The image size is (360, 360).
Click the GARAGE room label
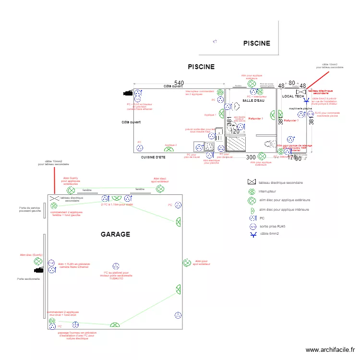pos(115,234)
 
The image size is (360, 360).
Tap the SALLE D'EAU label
pos(253,100)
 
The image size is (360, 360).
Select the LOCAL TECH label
pos(293,96)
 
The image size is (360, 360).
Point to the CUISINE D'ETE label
pos(153,157)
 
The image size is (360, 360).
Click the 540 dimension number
pos(179,84)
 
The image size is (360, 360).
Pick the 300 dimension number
pos(251,157)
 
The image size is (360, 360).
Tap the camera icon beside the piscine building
pos(128,93)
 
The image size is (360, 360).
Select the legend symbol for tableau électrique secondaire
pos(251,182)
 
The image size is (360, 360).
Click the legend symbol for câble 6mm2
pos(251,235)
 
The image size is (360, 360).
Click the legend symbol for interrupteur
pos(251,191)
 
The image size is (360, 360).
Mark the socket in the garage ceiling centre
pos(116,266)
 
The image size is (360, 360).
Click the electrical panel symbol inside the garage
pos(54,198)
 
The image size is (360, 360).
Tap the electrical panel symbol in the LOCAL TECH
pos(301,92)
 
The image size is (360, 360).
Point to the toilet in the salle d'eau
pos(270,143)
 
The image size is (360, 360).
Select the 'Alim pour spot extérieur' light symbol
pos(186,263)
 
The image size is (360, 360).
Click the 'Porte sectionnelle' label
pos(28,279)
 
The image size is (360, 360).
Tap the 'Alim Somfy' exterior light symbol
pos(71,191)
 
